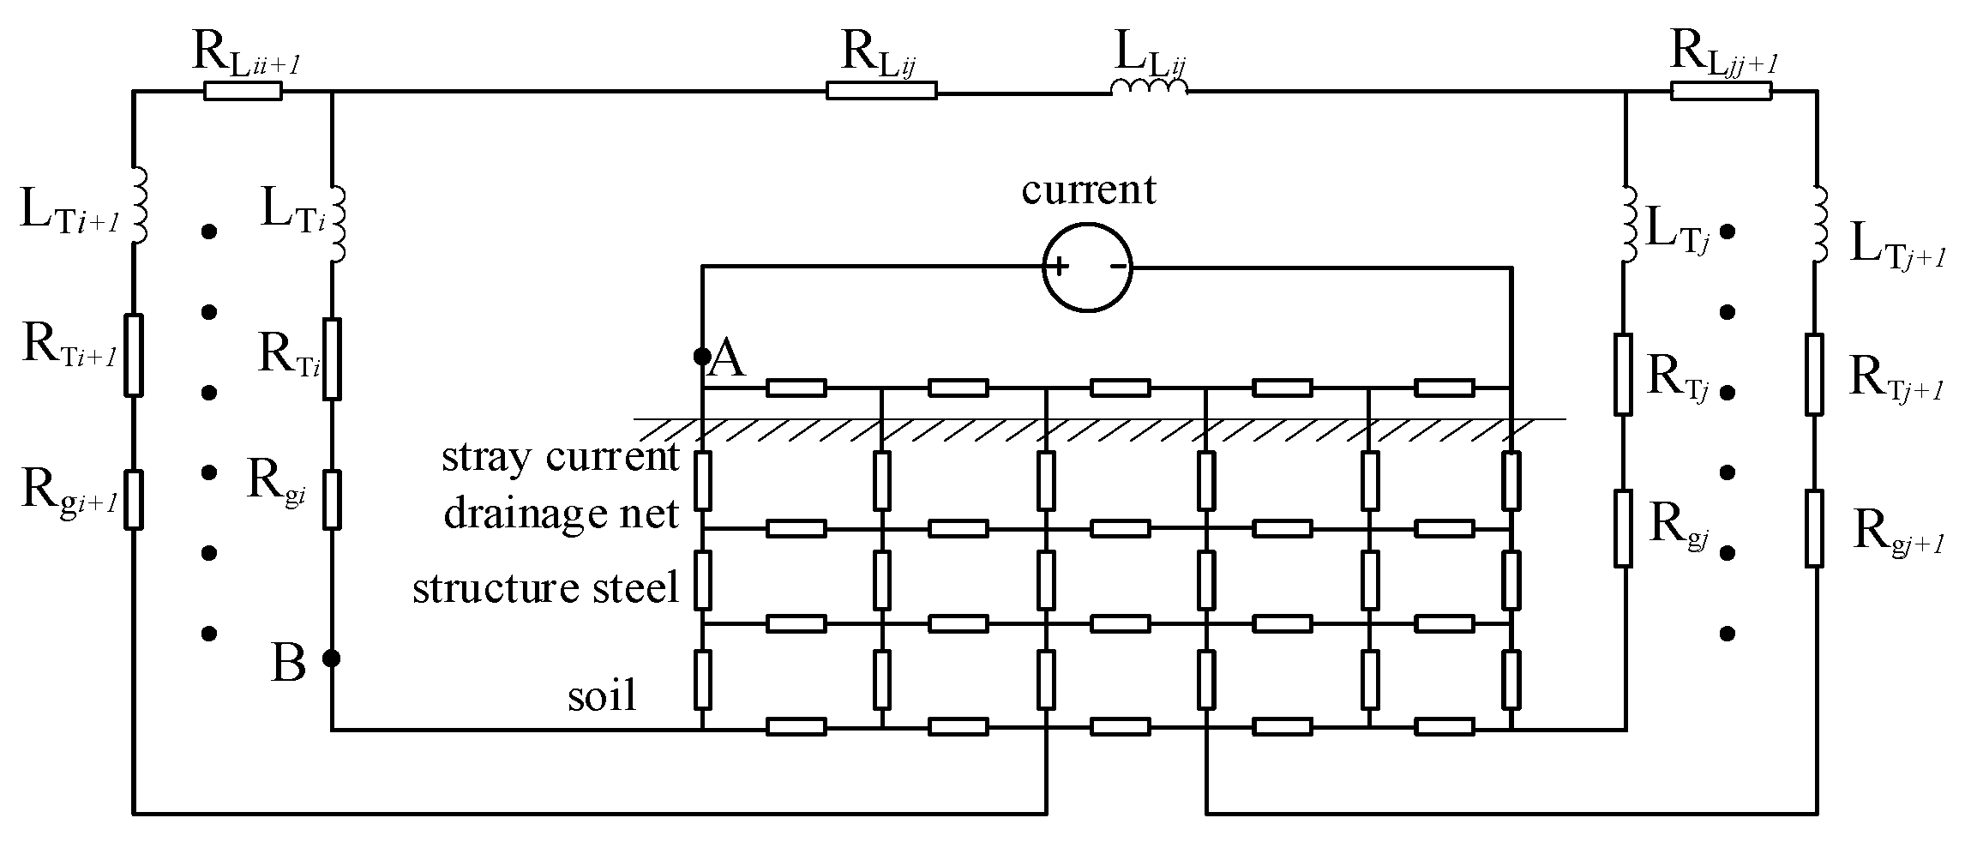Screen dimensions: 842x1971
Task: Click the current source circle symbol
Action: click(x=1087, y=267)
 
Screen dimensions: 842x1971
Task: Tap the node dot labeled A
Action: click(x=702, y=355)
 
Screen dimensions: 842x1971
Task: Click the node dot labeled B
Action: click(x=332, y=658)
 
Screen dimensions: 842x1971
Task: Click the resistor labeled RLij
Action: click(x=880, y=90)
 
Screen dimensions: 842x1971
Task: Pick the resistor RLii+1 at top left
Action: click(x=243, y=90)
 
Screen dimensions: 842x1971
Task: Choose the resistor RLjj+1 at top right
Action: click(x=1720, y=90)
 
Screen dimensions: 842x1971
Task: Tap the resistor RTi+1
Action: click(x=132, y=355)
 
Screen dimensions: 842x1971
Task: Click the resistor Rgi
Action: click(x=332, y=499)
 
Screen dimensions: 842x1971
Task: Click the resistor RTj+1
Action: click(x=1813, y=375)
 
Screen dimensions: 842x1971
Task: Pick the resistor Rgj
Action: click(x=1622, y=528)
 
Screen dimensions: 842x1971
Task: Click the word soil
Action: click(x=603, y=695)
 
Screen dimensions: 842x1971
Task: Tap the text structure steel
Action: click(x=545, y=588)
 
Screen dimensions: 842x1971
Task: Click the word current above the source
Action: click(x=1088, y=189)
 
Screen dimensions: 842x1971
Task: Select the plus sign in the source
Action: click(x=1060, y=266)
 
